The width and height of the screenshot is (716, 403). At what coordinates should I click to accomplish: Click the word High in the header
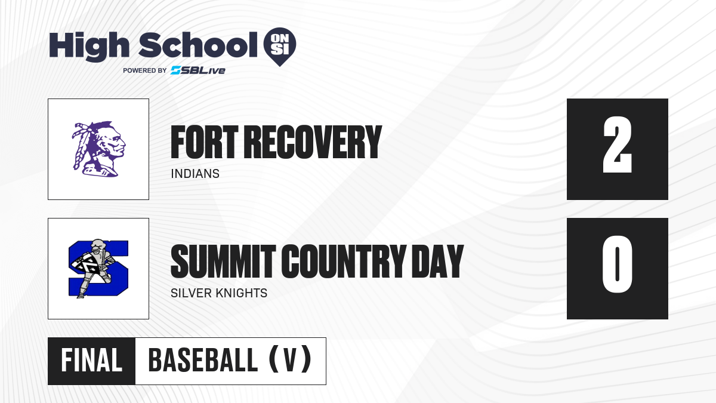89,47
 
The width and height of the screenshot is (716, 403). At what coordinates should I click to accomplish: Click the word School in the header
198,45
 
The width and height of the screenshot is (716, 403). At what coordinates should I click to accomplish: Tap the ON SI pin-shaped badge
280,47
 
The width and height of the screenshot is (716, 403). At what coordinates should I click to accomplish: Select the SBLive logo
198,70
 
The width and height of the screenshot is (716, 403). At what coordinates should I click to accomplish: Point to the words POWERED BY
145,70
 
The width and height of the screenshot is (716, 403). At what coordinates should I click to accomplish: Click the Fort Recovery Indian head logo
99,149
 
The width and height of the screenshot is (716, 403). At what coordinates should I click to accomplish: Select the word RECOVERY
314,142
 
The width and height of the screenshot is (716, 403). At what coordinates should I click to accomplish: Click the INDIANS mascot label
195,174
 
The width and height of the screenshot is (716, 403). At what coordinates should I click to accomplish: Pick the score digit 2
617,145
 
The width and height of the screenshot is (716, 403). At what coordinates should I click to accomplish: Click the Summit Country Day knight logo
98,268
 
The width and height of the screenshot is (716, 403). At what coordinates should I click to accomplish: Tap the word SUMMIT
223,262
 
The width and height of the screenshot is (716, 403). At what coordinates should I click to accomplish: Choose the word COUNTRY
344,262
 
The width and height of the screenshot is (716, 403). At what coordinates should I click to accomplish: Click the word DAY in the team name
437,262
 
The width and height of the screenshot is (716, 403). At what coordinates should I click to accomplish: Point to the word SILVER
190,293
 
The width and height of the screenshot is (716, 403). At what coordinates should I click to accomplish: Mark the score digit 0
617,264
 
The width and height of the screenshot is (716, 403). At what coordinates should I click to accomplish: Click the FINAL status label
92,361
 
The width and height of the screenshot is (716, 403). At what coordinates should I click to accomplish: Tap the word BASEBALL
203,361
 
